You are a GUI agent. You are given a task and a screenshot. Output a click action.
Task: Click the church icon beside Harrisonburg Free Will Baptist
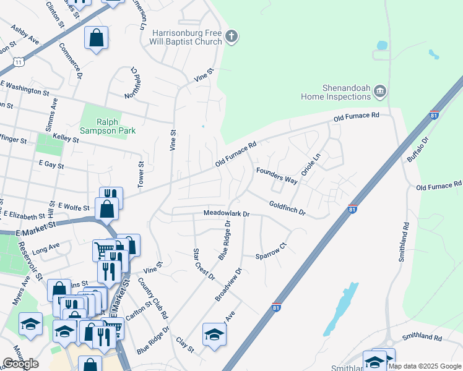(232, 36)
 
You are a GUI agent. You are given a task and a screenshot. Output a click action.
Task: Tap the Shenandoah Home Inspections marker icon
(380, 92)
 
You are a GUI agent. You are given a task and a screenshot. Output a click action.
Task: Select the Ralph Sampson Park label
(111, 126)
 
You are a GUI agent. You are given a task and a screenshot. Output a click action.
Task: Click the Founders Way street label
(277, 175)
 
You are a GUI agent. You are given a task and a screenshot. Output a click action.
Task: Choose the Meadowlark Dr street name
(227, 214)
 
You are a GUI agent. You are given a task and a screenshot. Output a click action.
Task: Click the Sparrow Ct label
(272, 250)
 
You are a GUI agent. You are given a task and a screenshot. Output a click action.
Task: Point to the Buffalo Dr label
(419, 150)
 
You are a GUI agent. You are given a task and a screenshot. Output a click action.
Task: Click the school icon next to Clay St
(214, 335)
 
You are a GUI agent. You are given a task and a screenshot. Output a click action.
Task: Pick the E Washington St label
(25, 87)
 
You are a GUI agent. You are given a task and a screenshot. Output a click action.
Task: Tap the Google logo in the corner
(20, 364)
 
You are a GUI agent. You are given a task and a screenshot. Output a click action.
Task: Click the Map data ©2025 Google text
(425, 366)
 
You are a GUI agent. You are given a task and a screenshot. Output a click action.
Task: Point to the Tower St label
(142, 176)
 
